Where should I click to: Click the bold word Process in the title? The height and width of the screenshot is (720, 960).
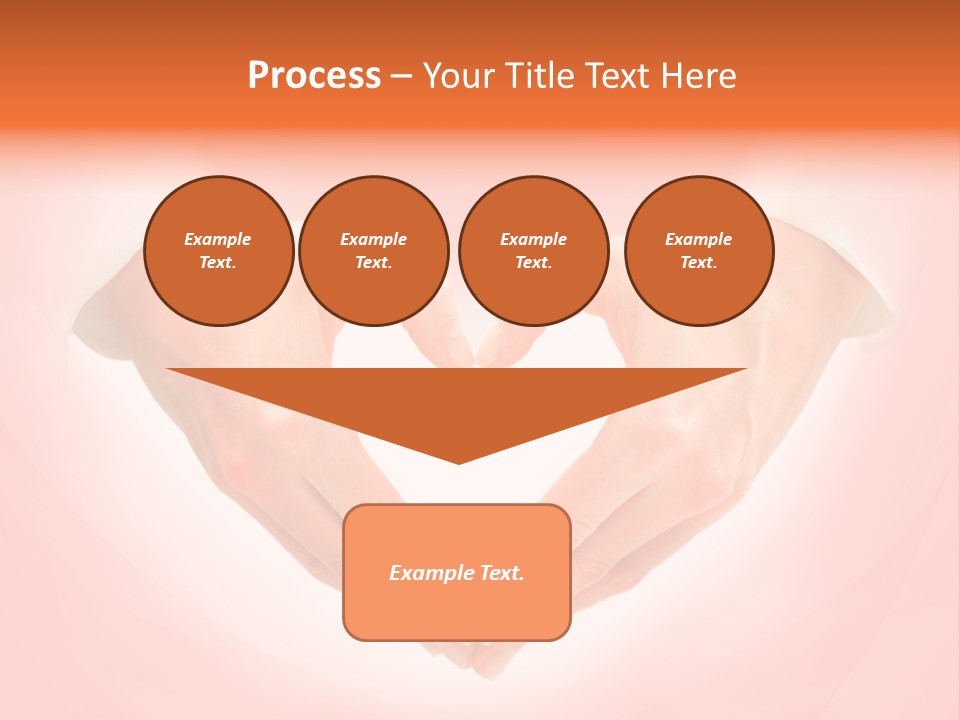[314, 76]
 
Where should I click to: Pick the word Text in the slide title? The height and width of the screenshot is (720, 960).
[620, 76]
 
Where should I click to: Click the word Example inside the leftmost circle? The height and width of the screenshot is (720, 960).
[218, 239]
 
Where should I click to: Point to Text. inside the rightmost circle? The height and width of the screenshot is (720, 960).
[699, 262]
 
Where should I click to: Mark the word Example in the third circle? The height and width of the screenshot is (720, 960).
[533, 239]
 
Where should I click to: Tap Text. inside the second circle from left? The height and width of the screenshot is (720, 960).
[373, 262]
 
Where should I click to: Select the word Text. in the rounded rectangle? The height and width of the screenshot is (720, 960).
[502, 573]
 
